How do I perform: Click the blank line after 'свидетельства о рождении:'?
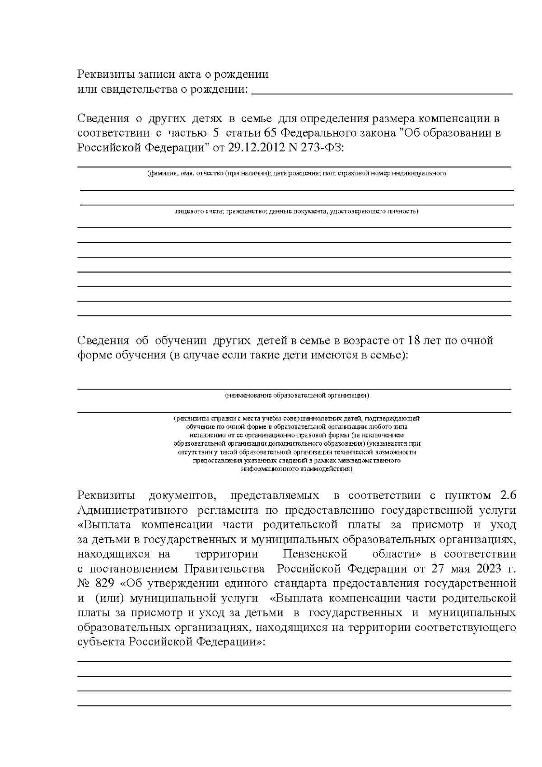point(382,90)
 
